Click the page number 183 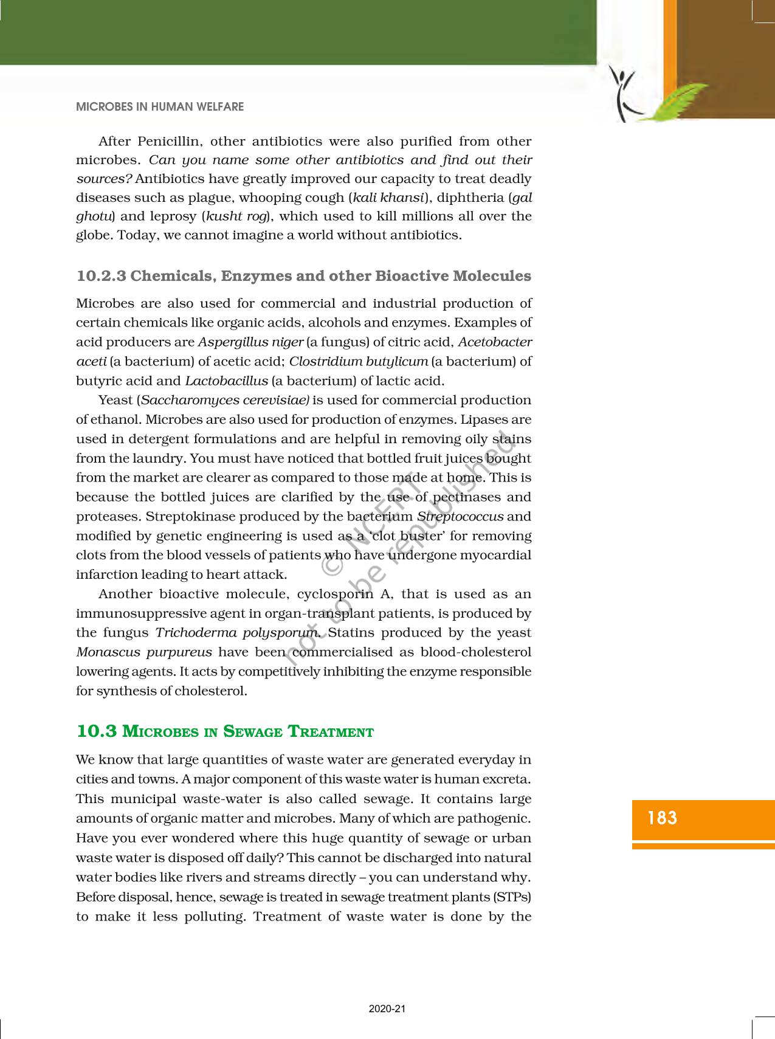click(x=662, y=818)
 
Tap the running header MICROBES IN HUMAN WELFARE click(x=160, y=107)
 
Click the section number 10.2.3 click(x=101, y=276)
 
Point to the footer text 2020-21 click(x=387, y=1009)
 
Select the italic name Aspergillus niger click(x=250, y=342)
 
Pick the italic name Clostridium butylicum click(x=359, y=362)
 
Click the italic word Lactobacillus click(x=226, y=381)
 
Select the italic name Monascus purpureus click(x=144, y=652)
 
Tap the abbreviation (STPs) click(x=512, y=897)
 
